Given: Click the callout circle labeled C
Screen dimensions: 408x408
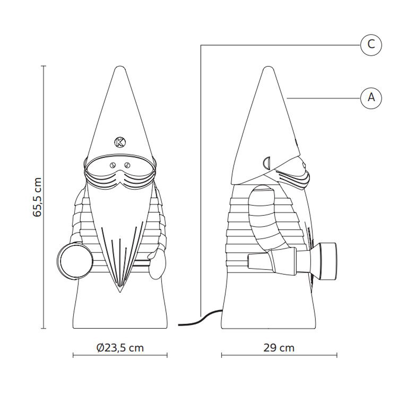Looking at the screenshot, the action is point(371,45).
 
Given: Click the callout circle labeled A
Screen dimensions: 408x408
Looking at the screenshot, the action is point(371,98).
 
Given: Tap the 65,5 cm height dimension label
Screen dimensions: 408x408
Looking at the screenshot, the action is point(37,197).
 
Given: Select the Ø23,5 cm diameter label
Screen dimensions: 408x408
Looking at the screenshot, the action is point(120,348).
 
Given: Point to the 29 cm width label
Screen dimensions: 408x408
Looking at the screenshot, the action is point(279,348).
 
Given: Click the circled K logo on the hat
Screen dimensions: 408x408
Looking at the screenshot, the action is point(120,142).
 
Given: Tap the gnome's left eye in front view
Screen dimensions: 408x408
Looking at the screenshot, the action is point(113,165).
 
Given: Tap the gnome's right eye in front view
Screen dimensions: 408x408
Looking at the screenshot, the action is point(127,165).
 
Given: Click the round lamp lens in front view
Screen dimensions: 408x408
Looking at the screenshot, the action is point(75,261).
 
